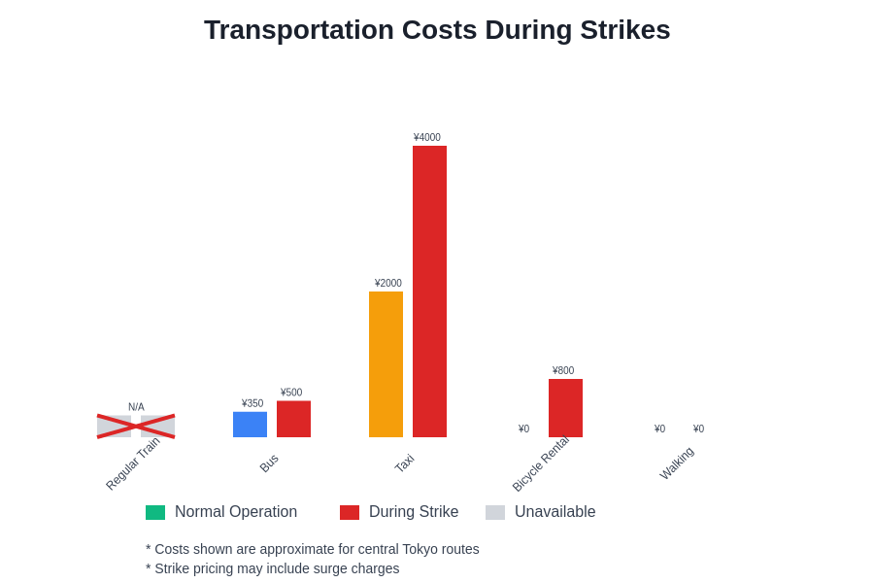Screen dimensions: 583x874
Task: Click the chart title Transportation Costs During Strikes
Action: click(x=437, y=30)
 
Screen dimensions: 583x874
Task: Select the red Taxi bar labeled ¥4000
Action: click(x=429, y=291)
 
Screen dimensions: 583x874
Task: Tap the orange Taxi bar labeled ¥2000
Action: click(x=386, y=364)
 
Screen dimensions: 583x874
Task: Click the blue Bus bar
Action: click(x=250, y=425)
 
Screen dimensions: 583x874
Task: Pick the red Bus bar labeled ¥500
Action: click(x=293, y=419)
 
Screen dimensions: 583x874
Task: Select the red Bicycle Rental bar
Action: click(x=565, y=408)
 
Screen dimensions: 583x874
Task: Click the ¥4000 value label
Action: click(x=427, y=138)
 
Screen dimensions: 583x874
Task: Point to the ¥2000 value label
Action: click(x=388, y=284)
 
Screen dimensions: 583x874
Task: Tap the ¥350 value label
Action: click(x=252, y=403)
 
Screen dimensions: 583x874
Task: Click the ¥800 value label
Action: click(x=563, y=371)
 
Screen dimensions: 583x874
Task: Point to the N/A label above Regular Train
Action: click(x=136, y=407)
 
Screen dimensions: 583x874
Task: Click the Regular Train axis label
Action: click(x=133, y=463)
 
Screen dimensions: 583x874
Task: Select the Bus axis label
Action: click(x=269, y=463)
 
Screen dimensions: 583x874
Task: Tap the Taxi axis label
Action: click(x=405, y=463)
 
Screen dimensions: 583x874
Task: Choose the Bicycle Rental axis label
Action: click(x=541, y=463)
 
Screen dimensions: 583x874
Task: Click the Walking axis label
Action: click(x=677, y=463)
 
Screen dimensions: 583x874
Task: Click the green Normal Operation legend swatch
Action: click(x=155, y=512)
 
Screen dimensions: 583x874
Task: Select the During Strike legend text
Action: click(x=414, y=512)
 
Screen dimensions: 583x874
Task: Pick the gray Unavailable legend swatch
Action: click(x=495, y=512)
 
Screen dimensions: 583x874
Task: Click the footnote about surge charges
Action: click(x=273, y=568)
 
